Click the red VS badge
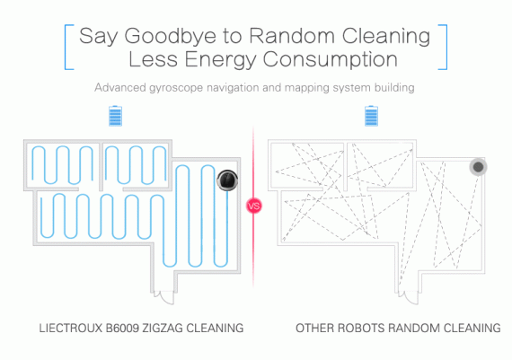[x=253, y=206]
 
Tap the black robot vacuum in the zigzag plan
[x=227, y=180]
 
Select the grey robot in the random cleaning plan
[x=479, y=167]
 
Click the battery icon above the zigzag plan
[x=115, y=116]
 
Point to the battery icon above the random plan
[x=371, y=116]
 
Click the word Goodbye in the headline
[x=170, y=37]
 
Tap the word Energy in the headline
[x=220, y=60]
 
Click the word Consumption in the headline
[x=331, y=60]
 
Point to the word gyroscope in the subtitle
[x=176, y=88]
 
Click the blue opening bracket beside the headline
[x=68, y=47]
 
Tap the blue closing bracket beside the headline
[x=443, y=47]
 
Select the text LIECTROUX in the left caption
[x=71, y=328]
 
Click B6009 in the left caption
[x=122, y=328]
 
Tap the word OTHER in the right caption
[x=314, y=328]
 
